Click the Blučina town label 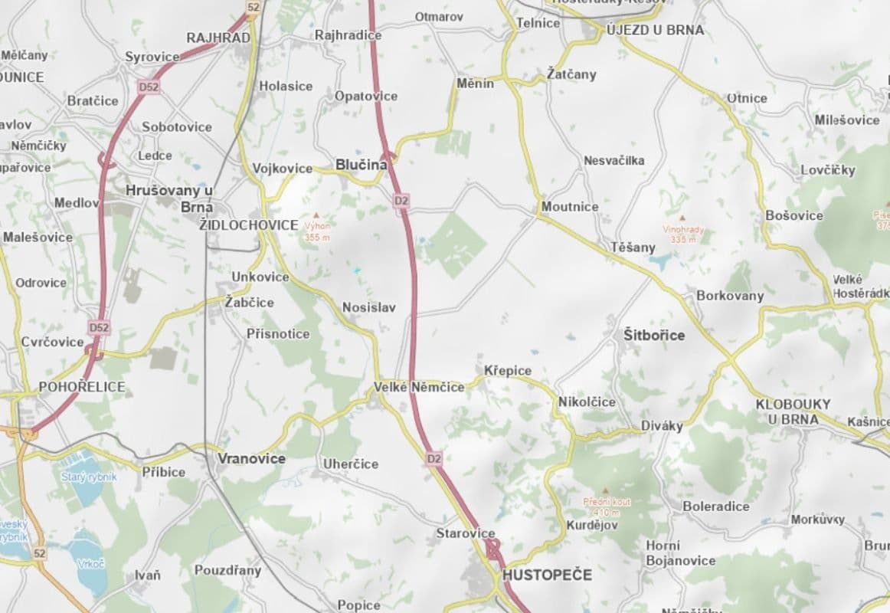tap(361, 165)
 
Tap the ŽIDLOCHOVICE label tap(248, 225)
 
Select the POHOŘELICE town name tap(82, 387)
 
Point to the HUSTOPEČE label tap(548, 574)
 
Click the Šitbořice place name tap(654, 335)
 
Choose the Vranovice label tap(251, 459)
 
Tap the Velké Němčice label tap(419, 387)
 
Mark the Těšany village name tap(633, 247)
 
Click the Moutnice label tap(570, 207)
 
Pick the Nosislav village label tap(369, 308)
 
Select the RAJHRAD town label tap(218, 38)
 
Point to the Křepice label tap(508, 371)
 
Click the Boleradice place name tap(716, 506)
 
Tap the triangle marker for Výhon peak tap(316, 216)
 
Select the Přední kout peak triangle tap(607, 490)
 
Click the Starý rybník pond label tap(89, 477)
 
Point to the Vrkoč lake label tap(90, 563)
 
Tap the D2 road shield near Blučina tap(402, 201)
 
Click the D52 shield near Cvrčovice tap(99, 327)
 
